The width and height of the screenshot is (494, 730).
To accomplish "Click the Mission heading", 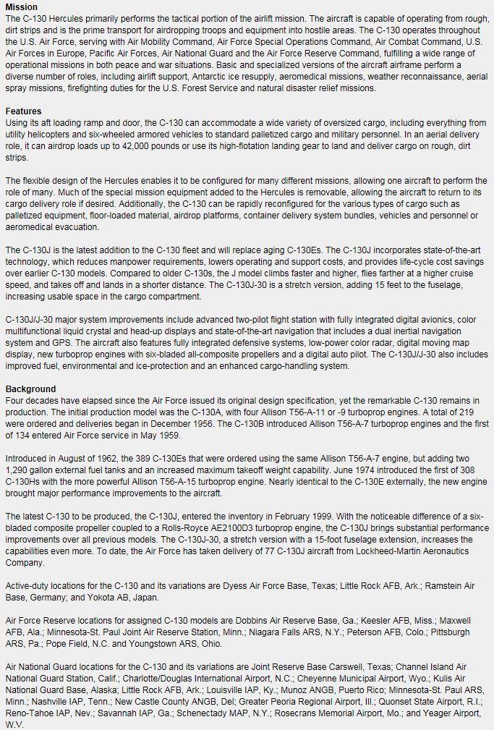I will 22,7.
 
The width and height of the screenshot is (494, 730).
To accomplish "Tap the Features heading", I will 24,111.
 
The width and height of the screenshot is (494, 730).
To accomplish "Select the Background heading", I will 30,389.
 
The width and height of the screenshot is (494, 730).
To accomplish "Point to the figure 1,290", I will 20,470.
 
